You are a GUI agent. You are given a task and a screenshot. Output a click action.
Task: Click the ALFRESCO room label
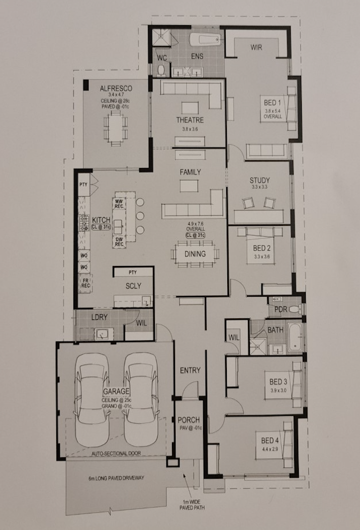pyautogui.click(x=115, y=88)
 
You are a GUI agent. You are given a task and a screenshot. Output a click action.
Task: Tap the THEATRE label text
pyautogui.click(x=190, y=120)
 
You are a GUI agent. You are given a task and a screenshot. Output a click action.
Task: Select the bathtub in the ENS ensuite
pyautogui.click(x=205, y=39)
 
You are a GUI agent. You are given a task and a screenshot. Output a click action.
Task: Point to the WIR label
pyautogui.click(x=257, y=48)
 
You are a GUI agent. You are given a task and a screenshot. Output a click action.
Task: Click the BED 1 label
pyautogui.click(x=274, y=103)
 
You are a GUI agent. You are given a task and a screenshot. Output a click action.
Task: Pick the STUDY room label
pyautogui.click(x=259, y=181)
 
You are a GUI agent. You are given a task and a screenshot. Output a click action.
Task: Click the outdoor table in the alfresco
pyautogui.click(x=116, y=129)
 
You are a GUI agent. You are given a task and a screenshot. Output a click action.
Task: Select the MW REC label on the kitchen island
pyautogui.click(x=119, y=203)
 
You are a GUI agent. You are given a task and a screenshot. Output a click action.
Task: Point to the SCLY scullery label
pyautogui.click(x=133, y=286)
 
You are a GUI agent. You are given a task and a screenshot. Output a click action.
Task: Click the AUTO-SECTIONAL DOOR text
pyautogui.click(x=116, y=453)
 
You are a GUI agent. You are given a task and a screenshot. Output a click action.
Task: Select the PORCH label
pyautogui.click(x=189, y=420)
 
